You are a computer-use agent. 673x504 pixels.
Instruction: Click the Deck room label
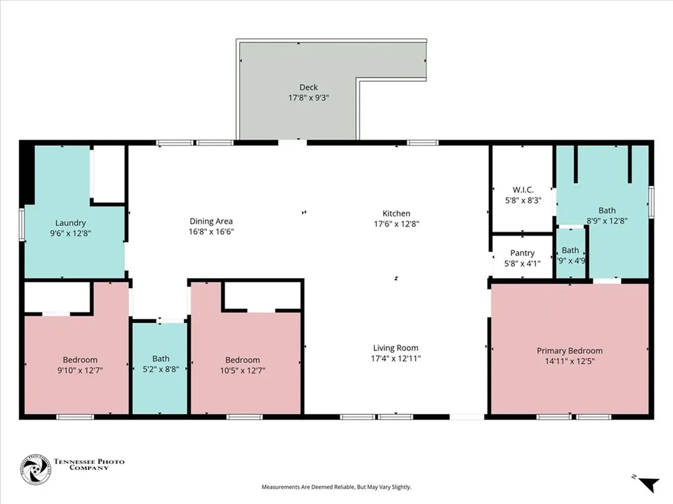pyautogui.click(x=308, y=87)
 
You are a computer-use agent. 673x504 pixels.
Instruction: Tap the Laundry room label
pyautogui.click(x=70, y=223)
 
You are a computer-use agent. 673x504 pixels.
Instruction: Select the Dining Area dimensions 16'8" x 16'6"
pyautogui.click(x=211, y=232)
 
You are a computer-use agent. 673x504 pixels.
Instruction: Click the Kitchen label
pyautogui.click(x=396, y=213)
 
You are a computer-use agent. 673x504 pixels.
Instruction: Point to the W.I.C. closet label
pyautogui.click(x=522, y=190)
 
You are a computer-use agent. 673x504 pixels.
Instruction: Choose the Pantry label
pyautogui.click(x=522, y=253)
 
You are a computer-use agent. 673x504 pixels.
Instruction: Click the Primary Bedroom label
pyautogui.click(x=569, y=350)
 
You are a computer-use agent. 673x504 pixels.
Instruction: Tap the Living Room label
pyautogui.click(x=396, y=348)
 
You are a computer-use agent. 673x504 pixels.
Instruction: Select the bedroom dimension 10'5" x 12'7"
pyautogui.click(x=243, y=370)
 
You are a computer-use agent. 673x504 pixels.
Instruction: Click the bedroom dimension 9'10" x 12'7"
pyautogui.click(x=80, y=370)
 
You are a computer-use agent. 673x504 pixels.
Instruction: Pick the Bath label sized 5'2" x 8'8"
pyautogui.click(x=161, y=358)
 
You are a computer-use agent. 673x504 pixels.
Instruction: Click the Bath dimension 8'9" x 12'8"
pyautogui.click(x=607, y=221)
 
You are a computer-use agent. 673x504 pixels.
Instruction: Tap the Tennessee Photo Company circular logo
pyautogui.click(x=35, y=469)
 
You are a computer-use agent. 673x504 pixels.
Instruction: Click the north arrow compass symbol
pyautogui.click(x=647, y=484)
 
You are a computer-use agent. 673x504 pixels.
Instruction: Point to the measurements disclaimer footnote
pyautogui.click(x=336, y=487)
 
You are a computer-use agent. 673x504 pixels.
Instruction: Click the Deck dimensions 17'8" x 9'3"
pyautogui.click(x=308, y=97)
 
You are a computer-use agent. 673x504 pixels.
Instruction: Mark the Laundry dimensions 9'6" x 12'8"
pyautogui.click(x=70, y=232)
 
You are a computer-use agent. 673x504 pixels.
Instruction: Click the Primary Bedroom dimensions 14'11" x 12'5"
pyautogui.click(x=569, y=361)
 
